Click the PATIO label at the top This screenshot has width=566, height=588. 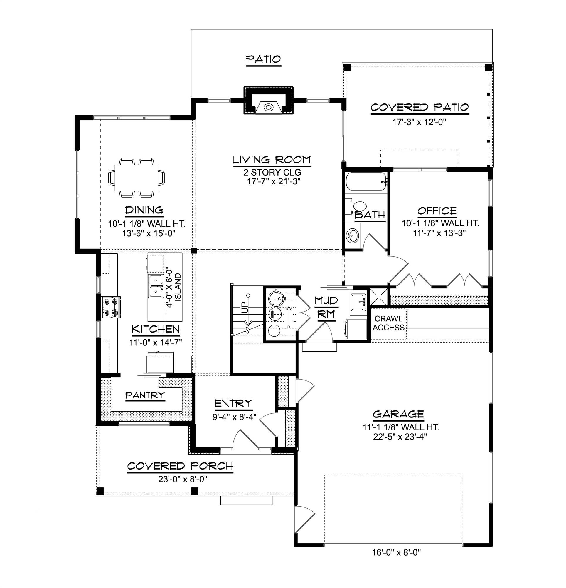click(263, 59)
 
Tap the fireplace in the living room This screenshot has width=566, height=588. click(268, 106)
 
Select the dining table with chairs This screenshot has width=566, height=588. click(136, 177)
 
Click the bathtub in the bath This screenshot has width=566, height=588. click(366, 181)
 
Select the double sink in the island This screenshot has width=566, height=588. click(156, 286)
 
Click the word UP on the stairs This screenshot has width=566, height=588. click(245, 308)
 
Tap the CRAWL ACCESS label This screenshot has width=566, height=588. click(388, 323)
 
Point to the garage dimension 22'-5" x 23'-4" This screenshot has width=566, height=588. click(400, 437)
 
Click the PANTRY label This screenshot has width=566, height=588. click(145, 395)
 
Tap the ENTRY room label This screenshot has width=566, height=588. click(234, 403)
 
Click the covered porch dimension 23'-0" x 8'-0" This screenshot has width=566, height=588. click(183, 479)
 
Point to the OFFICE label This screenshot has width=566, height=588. click(437, 211)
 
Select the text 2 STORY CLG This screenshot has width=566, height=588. click(272, 172)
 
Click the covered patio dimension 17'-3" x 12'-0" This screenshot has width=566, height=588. click(419, 122)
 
